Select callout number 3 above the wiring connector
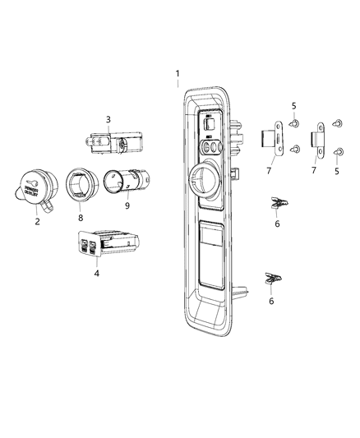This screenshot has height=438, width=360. (x=108, y=120)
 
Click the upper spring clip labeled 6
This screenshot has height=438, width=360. (x=280, y=202)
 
